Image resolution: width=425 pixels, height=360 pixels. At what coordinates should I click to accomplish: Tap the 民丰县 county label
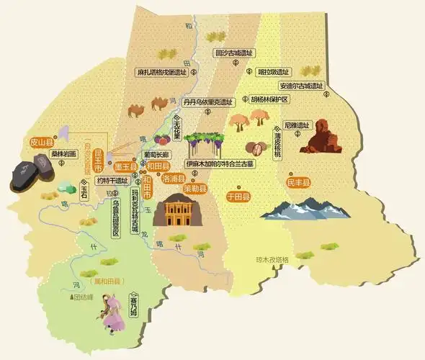(297, 184)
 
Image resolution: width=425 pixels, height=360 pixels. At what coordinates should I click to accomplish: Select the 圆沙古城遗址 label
(236, 53)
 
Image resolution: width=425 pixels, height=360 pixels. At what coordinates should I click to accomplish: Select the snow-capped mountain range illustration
(305, 210)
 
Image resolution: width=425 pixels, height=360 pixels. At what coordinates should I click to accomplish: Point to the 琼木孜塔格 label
(272, 259)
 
